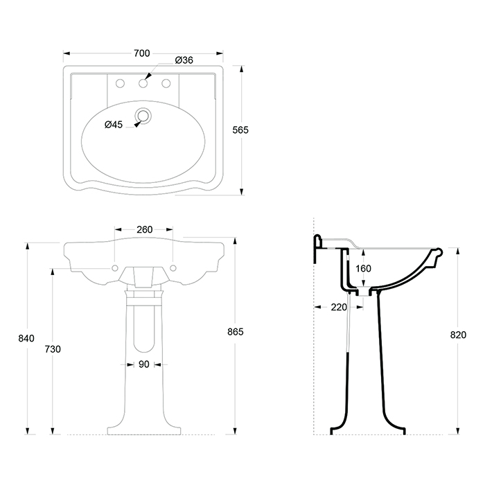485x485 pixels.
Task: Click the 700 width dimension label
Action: pyautogui.click(x=141, y=53)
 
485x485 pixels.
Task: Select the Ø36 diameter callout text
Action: pyautogui.click(x=184, y=60)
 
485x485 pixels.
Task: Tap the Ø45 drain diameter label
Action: pyautogui.click(x=114, y=125)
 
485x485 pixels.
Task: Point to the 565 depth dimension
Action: pyautogui.click(x=240, y=130)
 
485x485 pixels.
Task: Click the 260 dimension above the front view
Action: pyautogui.click(x=144, y=229)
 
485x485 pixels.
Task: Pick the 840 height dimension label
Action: pyautogui.click(x=26, y=338)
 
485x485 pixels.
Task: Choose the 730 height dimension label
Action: pyautogui.click(x=53, y=349)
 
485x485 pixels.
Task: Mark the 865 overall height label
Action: pyautogui.click(x=236, y=332)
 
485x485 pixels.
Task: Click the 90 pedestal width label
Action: pyautogui.click(x=144, y=364)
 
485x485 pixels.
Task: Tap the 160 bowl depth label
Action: pyautogui.click(x=363, y=269)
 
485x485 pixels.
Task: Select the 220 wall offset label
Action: pyautogui.click(x=339, y=307)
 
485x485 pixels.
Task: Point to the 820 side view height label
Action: pyautogui.click(x=458, y=335)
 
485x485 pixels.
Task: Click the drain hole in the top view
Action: pyautogui.click(x=143, y=116)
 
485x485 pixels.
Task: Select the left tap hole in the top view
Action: pyautogui.click(x=120, y=83)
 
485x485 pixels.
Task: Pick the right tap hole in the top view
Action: pyautogui.click(x=166, y=83)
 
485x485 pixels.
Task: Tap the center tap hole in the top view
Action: pyautogui.click(x=143, y=83)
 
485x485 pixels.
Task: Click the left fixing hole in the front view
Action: pyautogui.click(x=115, y=268)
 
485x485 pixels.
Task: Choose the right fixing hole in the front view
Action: pyautogui.click(x=173, y=268)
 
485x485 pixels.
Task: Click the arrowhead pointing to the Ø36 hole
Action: pyautogui.click(x=148, y=76)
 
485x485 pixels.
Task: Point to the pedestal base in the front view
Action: pyautogui.click(x=144, y=431)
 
